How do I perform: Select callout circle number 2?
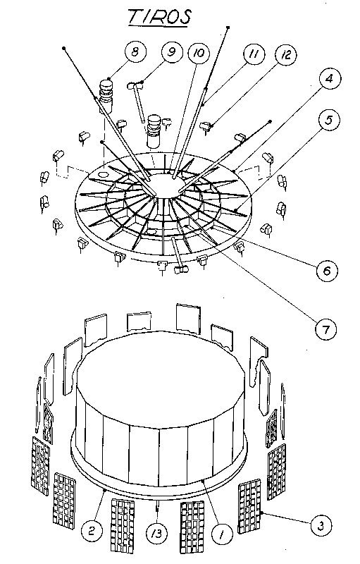pos(90,528)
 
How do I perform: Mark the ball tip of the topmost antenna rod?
pos(230,27)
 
